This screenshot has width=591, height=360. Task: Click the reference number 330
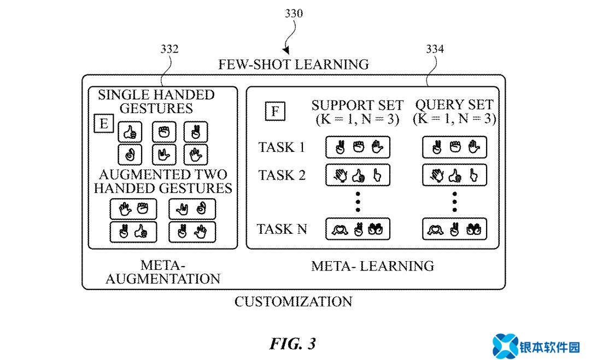tap(294, 14)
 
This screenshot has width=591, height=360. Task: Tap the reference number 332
tap(169, 49)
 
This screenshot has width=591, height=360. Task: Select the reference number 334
tap(435, 49)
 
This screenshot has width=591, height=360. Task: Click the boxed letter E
tap(104, 123)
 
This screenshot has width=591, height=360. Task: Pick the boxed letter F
tap(275, 111)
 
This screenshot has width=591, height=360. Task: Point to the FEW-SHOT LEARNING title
tap(294, 64)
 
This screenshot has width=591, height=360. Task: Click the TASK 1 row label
tap(282, 147)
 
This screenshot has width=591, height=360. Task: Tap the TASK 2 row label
tap(282, 175)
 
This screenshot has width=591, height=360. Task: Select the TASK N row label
tap(282, 229)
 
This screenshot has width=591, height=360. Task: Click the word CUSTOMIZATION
tap(294, 301)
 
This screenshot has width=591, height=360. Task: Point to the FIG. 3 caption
tap(293, 344)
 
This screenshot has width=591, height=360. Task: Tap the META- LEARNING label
tap(372, 266)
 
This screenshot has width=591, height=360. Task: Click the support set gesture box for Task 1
tap(358, 147)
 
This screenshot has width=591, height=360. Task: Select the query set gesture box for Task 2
tap(454, 175)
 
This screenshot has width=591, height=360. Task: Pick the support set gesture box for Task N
tap(358, 229)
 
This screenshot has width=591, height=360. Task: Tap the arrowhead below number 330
tap(286, 50)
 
